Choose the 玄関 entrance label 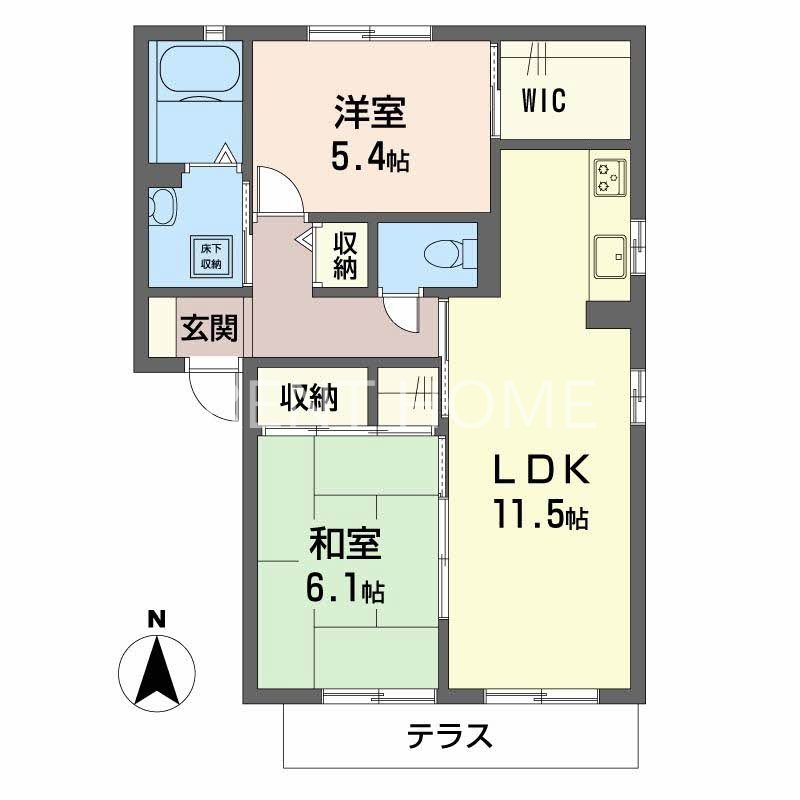pos(210,327)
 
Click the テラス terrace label pos(450,738)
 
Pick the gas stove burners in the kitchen pos(609,177)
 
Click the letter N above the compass pos(155,620)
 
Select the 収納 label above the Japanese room pos(308,398)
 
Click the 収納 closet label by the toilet pos(346,256)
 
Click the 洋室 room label pos(369,113)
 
